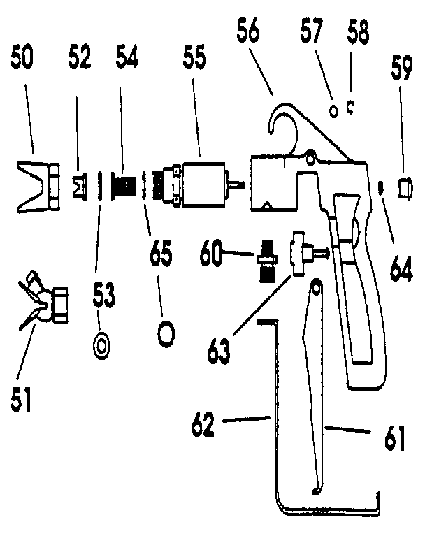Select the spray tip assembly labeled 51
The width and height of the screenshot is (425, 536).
point(45,302)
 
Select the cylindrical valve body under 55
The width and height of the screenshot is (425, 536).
point(203,183)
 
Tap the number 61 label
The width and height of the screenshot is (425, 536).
point(394,439)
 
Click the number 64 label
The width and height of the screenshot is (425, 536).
point(401,267)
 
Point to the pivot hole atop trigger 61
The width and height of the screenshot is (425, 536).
point(316,286)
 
